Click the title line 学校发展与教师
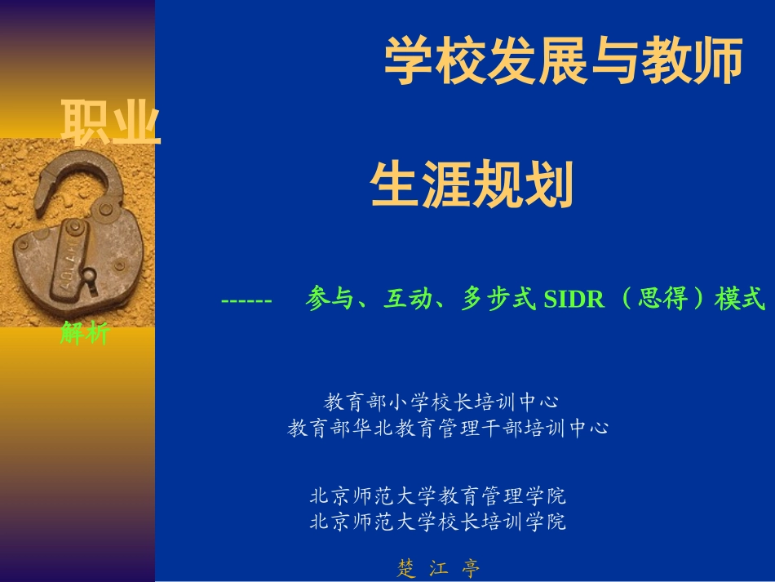coord(563,61)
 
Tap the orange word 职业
coord(111,123)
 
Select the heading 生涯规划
coord(472,184)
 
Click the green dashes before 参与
coord(246,300)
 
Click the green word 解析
coord(84,333)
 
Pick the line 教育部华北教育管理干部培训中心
coord(448,428)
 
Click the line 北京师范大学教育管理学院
coord(437,495)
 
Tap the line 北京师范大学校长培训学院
coord(437,521)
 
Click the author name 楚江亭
coord(439,568)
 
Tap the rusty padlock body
coord(77,261)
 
